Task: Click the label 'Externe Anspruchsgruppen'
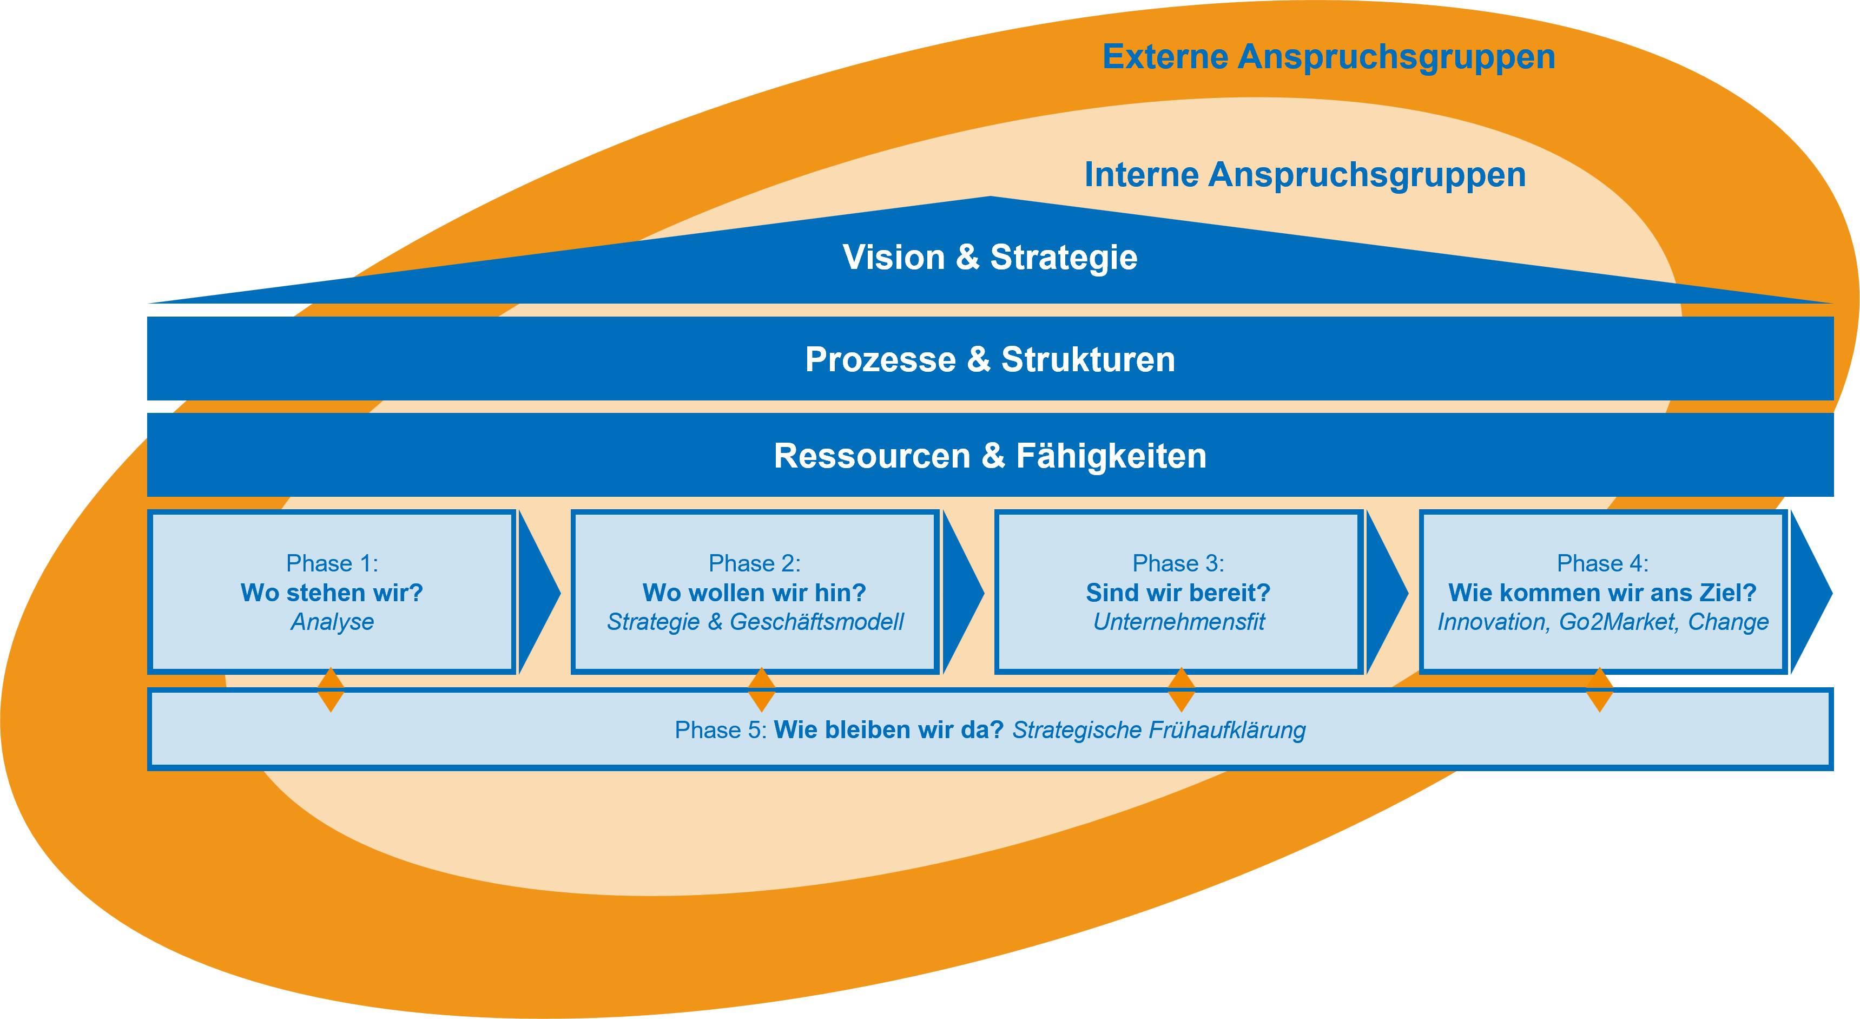click(1329, 57)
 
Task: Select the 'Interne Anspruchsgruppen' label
click(1305, 175)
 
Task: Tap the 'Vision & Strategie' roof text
click(990, 257)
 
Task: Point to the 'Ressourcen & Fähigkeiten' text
click(990, 456)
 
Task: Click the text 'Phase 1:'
click(332, 563)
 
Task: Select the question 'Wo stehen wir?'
click(332, 593)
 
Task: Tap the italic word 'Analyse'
click(332, 622)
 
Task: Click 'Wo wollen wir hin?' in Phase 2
click(755, 593)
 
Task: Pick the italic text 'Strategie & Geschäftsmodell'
click(755, 622)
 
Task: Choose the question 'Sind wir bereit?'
click(1178, 593)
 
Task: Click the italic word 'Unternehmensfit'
click(1178, 622)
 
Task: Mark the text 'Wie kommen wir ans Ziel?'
click(1602, 593)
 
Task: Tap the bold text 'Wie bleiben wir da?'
click(889, 730)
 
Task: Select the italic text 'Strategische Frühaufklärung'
click(1159, 730)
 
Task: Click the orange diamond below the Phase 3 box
click(1181, 689)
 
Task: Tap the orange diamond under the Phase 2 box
click(762, 689)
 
